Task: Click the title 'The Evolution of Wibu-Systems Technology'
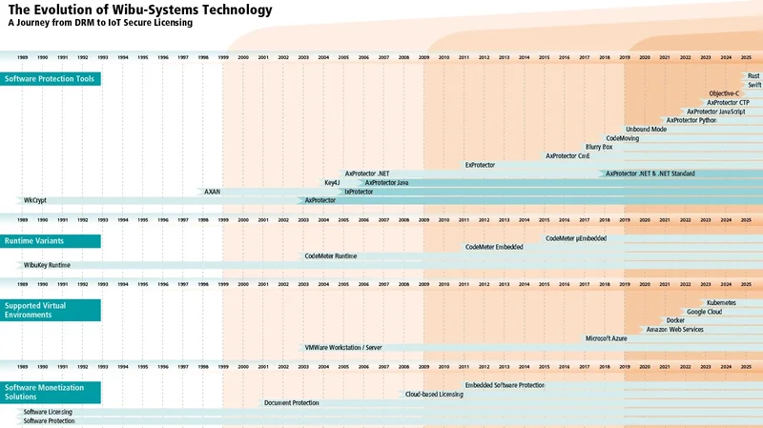139,10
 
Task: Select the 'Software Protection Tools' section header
50,78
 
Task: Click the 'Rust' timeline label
753,75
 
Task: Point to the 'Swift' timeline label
754,85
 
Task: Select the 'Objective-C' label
724,93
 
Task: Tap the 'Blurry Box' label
599,147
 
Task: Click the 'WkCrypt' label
35,200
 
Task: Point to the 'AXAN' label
212,192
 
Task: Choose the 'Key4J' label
332,182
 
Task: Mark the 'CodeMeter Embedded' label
494,247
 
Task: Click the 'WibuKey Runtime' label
47,265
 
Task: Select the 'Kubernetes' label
721,302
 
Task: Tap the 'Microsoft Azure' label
606,338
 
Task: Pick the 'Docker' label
675,320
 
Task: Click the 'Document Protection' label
291,403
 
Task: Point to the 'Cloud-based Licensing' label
434,394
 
